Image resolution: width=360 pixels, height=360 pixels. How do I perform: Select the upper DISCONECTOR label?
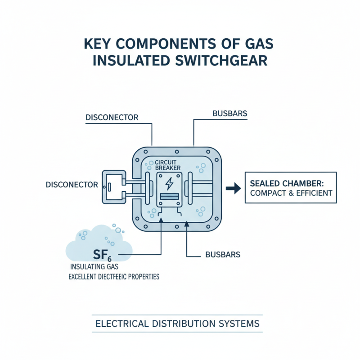coord(111,117)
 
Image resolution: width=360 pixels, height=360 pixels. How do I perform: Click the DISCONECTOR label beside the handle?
coord(72,184)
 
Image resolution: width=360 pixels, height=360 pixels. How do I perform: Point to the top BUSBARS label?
coord(229,113)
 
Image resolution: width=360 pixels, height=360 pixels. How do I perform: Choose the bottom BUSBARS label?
coord(222,255)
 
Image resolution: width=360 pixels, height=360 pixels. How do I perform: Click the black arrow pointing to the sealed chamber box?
coord(232,188)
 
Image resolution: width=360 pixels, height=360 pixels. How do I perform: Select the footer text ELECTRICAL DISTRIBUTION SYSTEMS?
coord(178,324)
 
